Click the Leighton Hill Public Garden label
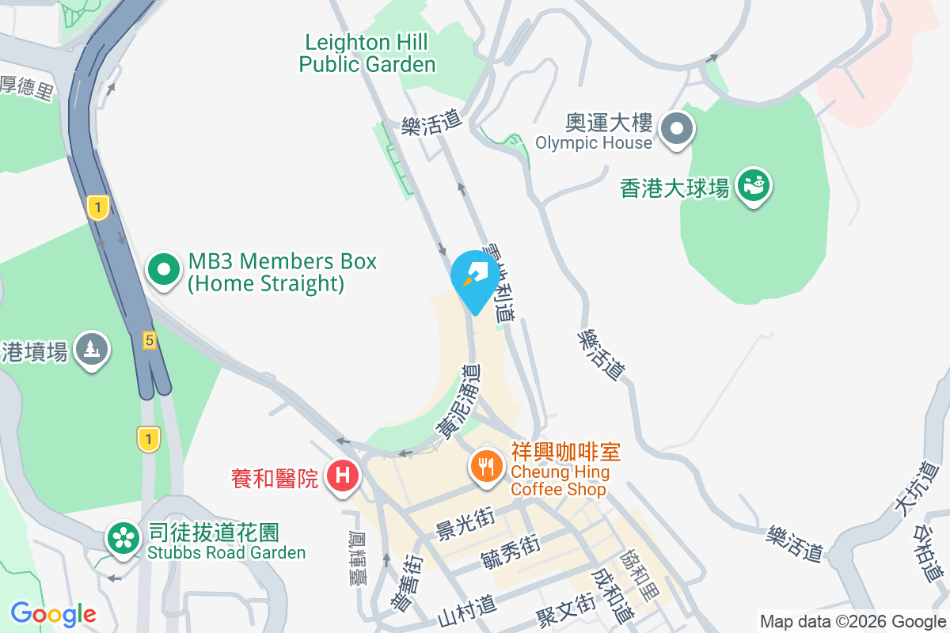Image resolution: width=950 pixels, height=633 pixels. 367,53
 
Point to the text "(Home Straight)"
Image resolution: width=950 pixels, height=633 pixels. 266,283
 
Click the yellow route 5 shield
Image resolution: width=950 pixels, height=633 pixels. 149,340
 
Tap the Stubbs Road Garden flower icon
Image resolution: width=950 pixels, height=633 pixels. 123,539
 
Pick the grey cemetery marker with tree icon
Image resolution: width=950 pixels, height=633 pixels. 92,349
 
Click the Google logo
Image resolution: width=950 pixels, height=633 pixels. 53,613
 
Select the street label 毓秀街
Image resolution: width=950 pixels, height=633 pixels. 510,550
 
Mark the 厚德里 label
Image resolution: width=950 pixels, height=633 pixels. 26,87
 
